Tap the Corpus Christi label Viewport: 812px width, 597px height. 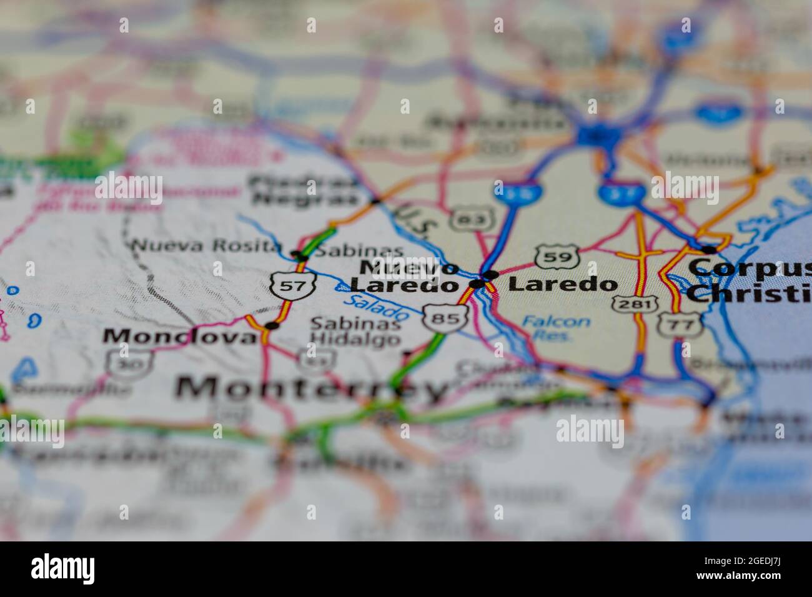tap(750, 280)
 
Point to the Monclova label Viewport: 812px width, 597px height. tap(180, 336)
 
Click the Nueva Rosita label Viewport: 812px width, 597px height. tap(205, 246)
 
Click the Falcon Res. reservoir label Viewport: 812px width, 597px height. tap(555, 327)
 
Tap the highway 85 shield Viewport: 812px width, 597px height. tap(445, 318)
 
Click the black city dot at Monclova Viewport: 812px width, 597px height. tap(270, 325)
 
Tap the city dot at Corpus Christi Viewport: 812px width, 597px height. tap(708, 250)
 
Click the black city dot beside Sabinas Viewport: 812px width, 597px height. tap(301, 255)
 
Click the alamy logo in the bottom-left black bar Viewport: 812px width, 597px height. tap(63, 568)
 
